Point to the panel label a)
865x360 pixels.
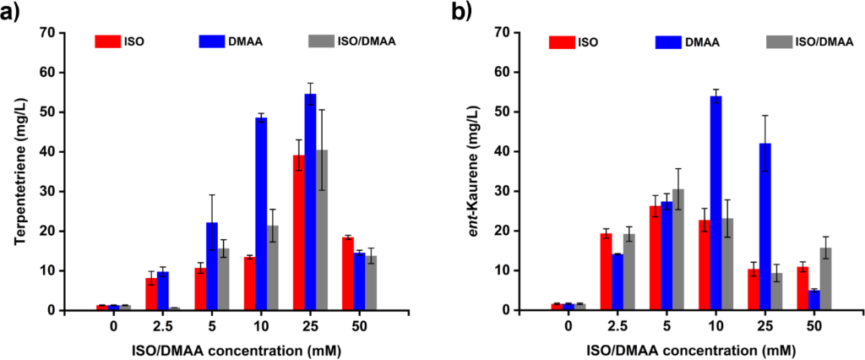(12, 14)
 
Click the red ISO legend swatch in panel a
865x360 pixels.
(107, 40)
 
